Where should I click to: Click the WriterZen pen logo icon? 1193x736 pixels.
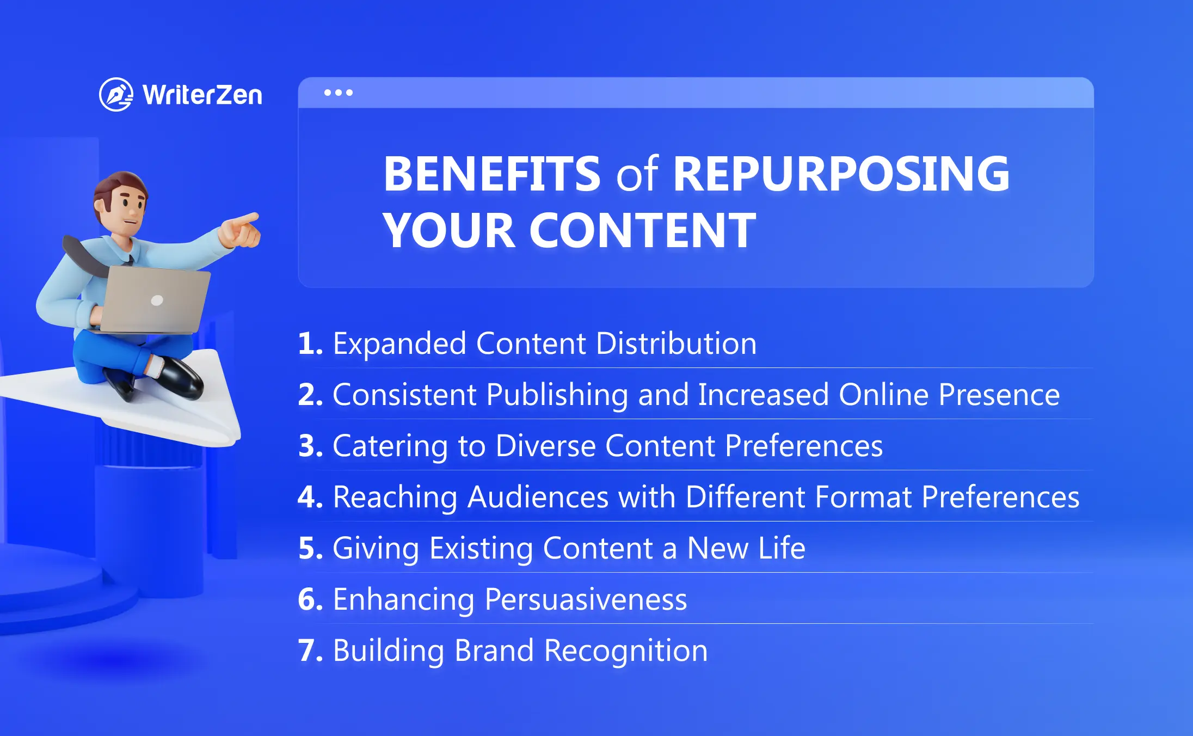[x=116, y=95]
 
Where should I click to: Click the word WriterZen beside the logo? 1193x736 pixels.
[x=202, y=95]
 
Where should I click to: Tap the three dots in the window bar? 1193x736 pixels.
[x=338, y=93]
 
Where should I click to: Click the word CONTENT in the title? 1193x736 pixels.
[x=642, y=230]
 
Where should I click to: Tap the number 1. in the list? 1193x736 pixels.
[x=311, y=344]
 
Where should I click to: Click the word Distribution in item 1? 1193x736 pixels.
[x=677, y=344]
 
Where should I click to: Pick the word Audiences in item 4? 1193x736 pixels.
[x=538, y=497]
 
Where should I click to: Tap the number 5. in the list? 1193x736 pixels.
[x=311, y=548]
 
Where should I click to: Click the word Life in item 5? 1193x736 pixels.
[x=782, y=548]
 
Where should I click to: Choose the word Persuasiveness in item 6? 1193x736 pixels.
[x=586, y=599]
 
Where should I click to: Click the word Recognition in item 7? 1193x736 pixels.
[x=626, y=652]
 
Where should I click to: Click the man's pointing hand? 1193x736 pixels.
[x=240, y=230]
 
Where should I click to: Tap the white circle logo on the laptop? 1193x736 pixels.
[x=157, y=300]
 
